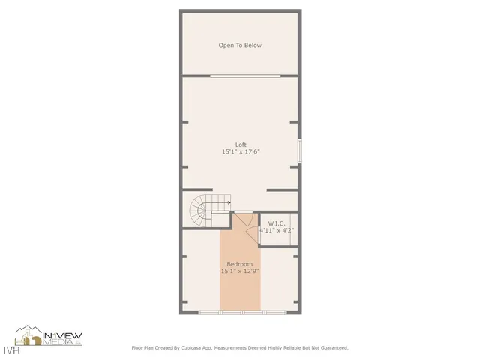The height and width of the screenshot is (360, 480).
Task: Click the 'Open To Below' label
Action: (240, 46)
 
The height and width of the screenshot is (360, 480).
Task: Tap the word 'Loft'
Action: (241, 145)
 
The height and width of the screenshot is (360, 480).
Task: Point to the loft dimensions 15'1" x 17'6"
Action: (241, 152)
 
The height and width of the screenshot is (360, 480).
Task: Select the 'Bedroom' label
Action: (240, 265)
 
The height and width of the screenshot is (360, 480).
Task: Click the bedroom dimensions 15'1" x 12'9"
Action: (240, 271)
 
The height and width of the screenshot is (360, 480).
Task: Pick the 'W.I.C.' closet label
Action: (277, 223)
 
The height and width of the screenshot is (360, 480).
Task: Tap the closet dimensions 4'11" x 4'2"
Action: (277, 230)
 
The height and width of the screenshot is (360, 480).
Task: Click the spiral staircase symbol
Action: (201, 211)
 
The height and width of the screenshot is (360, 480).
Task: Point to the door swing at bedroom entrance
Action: (243, 222)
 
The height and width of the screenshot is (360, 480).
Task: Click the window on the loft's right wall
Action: (299, 151)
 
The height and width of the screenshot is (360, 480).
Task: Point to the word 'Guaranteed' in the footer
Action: (332, 348)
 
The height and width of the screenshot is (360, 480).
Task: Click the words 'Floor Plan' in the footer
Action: (143, 348)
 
